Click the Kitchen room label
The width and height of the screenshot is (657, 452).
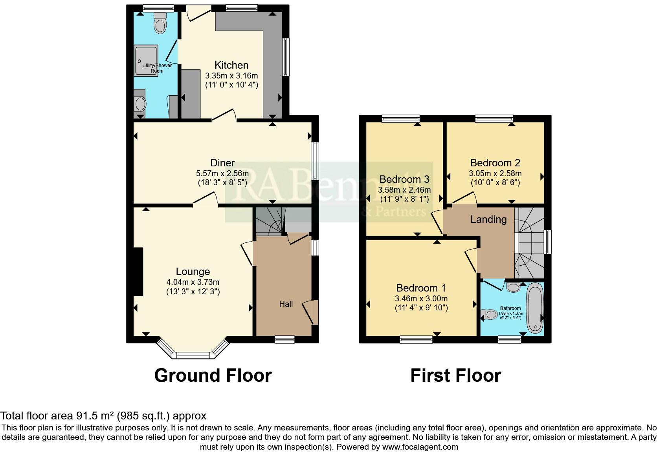(x=231, y=65)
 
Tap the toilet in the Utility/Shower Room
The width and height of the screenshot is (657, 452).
(x=160, y=24)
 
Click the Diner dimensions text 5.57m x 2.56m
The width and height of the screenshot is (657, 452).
(x=222, y=173)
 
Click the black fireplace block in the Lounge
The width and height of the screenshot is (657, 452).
(x=138, y=271)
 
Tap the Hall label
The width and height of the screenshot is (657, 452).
(x=286, y=304)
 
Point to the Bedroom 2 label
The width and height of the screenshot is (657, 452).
(x=495, y=163)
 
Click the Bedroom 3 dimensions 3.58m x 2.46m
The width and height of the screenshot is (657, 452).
(x=404, y=190)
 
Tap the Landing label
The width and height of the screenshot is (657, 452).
(x=488, y=219)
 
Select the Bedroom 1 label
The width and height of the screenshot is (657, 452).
(x=421, y=288)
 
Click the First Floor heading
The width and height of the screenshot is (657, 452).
(x=455, y=375)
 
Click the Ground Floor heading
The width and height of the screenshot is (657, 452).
(x=213, y=375)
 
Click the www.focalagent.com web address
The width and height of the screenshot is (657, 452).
(x=420, y=447)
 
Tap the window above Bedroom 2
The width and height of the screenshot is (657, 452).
(x=494, y=118)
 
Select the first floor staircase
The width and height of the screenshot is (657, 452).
(x=529, y=243)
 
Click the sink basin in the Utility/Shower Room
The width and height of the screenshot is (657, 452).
(x=139, y=104)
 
